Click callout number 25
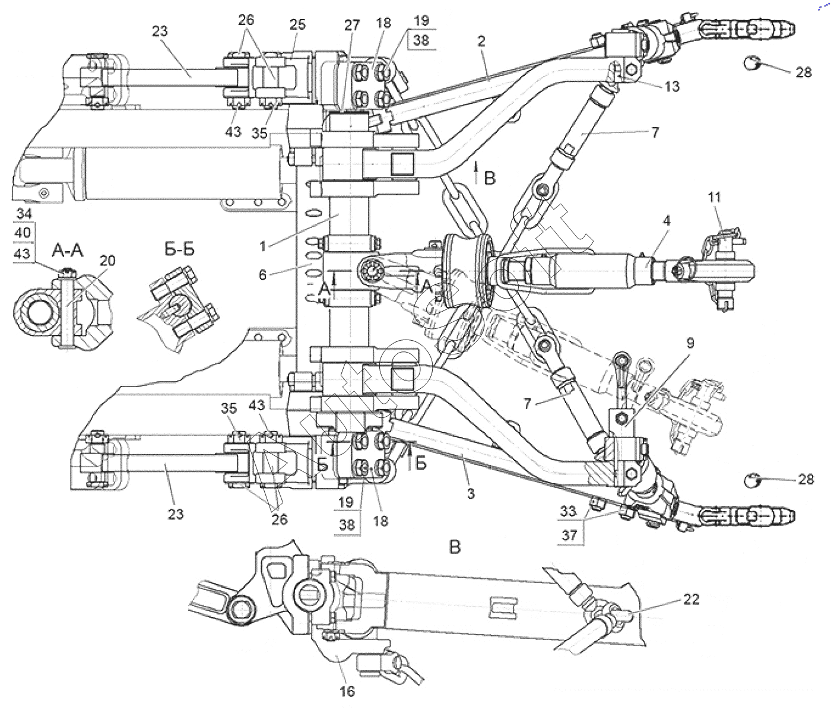[x=297, y=24]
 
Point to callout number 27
[x=352, y=26]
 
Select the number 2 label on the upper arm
[x=481, y=41]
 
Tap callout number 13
[x=672, y=86]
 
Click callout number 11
[x=714, y=198]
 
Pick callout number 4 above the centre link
[x=667, y=221]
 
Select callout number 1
[x=262, y=246]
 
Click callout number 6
[x=262, y=275]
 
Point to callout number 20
[x=107, y=261]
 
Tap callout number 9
[x=690, y=343]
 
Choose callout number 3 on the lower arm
[x=471, y=493]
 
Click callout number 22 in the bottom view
[x=691, y=600]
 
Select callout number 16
[x=347, y=691]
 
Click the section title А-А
[x=67, y=251]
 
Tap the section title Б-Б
[x=179, y=249]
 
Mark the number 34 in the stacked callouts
[x=24, y=214]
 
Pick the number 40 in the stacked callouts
[x=23, y=232]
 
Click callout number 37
[x=569, y=535]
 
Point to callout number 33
[x=568, y=511]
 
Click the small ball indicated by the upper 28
[x=751, y=63]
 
